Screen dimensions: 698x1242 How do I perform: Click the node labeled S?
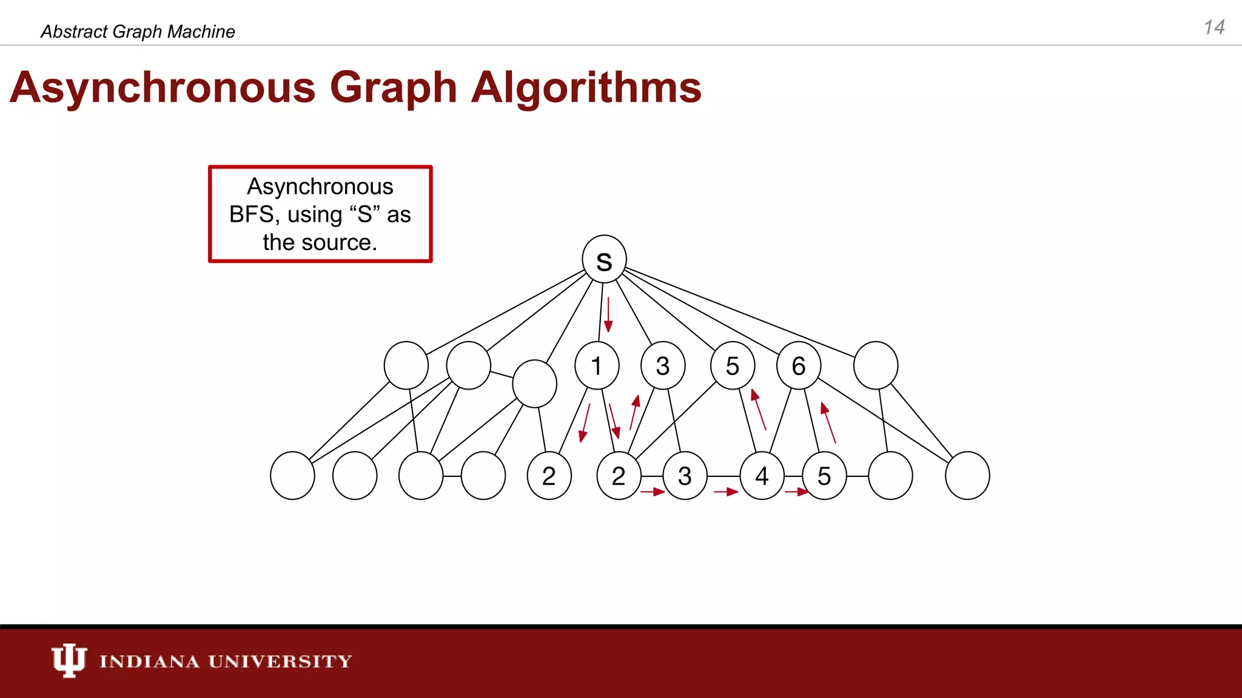(604, 259)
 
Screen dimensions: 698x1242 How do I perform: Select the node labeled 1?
(597, 365)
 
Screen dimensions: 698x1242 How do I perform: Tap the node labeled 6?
(799, 365)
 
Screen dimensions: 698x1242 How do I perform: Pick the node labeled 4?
(762, 476)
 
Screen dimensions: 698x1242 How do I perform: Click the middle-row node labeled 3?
(663, 365)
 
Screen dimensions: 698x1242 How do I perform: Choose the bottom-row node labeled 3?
(685, 476)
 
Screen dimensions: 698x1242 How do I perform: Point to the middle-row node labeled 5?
(733, 365)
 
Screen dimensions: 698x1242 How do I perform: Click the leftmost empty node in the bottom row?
(292, 476)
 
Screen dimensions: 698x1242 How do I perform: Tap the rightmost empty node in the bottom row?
(967, 476)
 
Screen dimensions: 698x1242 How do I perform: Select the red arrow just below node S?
(608, 315)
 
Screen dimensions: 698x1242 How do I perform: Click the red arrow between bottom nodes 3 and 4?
(726, 492)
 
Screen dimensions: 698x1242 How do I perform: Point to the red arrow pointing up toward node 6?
(828, 422)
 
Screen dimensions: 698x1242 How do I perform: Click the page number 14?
(1214, 27)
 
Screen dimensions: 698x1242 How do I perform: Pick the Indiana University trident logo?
(69, 660)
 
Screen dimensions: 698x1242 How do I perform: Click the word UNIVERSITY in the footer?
(280, 661)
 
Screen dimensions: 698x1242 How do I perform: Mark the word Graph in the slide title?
(393, 88)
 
